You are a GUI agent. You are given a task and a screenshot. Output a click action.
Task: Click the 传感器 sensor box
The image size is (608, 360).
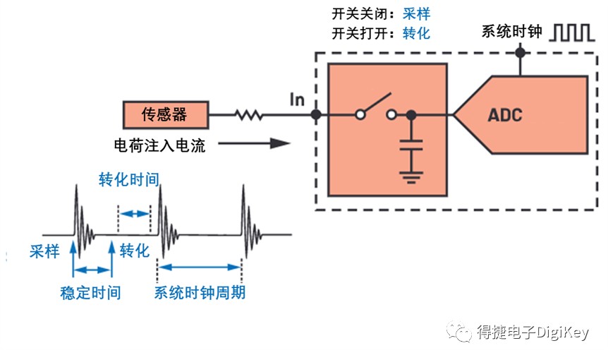coord(166,115)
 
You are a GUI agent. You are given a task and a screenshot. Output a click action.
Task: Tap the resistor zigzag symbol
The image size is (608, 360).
coord(248,115)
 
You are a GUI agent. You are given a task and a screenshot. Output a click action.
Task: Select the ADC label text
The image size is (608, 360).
coord(505,115)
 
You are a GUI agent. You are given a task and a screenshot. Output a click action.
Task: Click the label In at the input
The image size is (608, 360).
coord(297,100)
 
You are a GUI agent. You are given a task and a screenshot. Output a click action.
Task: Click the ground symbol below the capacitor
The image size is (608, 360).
coord(411,177)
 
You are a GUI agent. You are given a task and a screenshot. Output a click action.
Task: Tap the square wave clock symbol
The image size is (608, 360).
coord(572,32)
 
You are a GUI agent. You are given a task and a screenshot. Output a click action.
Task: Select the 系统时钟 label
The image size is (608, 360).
coord(512,32)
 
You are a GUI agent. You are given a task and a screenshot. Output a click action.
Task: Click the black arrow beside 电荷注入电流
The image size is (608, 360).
coord(254,143)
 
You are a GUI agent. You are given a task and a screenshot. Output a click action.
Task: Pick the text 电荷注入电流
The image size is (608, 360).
coord(159,145)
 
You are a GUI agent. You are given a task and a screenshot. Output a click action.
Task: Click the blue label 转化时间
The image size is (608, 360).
coord(129,179)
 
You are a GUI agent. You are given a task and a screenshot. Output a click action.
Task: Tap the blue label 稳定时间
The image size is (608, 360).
coord(90,292)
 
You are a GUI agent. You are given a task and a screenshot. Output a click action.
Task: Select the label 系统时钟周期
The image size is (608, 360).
coord(200,292)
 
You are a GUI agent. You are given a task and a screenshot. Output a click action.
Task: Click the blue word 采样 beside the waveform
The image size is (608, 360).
coord(44,251)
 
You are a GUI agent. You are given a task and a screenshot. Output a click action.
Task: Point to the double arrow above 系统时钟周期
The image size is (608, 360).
coord(200,267)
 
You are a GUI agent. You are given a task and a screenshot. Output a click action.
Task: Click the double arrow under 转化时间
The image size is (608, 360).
coord(135,213)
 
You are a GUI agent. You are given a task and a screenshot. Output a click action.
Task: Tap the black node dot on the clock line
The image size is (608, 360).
coord(520,52)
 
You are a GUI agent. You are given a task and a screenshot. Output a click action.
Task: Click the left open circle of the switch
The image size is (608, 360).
coord(360,115)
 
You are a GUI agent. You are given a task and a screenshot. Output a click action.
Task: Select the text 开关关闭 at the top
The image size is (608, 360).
coord(360,14)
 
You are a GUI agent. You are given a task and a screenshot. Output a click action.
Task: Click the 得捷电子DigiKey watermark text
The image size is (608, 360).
coord(533,332)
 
